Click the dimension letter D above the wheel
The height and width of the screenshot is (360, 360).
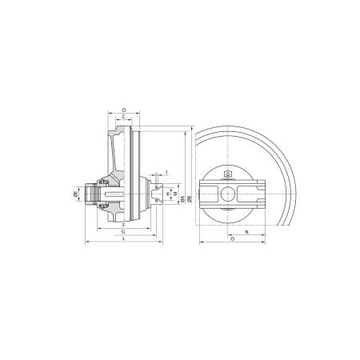tap(122, 109)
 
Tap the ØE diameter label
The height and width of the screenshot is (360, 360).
tap(75, 192)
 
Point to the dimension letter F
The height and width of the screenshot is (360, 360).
tap(123, 225)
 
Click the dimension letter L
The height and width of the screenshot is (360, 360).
tap(122, 239)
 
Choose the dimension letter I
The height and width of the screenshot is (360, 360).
tap(166, 171)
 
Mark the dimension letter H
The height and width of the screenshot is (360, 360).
tap(166, 194)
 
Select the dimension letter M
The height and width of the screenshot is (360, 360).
tap(174, 194)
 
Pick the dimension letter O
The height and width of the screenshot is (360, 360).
tap(232, 239)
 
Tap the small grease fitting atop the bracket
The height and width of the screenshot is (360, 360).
tap(229, 174)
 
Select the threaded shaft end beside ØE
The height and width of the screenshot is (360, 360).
tap(90, 193)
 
